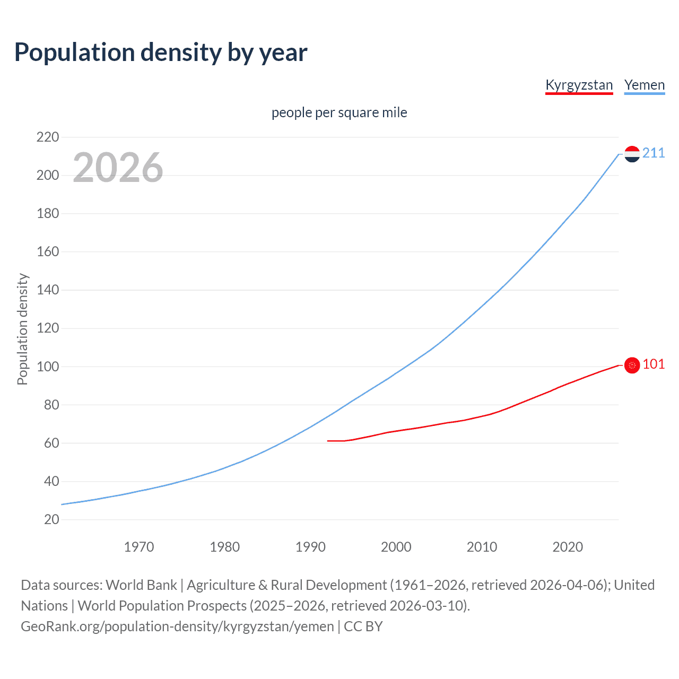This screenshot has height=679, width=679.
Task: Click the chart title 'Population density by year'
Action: tap(161, 53)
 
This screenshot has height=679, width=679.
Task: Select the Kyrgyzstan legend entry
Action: tap(579, 85)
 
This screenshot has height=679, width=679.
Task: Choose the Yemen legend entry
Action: tap(644, 85)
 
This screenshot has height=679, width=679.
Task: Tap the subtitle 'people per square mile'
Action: tap(339, 112)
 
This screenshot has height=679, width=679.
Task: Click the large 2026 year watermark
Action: tap(118, 168)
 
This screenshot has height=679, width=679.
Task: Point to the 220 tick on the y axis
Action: tap(48, 137)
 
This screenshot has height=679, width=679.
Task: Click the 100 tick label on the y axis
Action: tap(48, 367)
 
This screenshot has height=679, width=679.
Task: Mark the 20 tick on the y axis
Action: tap(51, 519)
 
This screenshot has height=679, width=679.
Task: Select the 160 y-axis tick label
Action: tap(48, 252)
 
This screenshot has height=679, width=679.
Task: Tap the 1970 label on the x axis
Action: tap(139, 547)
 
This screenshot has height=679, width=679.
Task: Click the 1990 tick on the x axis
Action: tap(310, 547)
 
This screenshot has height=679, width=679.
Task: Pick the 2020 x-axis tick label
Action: tap(568, 547)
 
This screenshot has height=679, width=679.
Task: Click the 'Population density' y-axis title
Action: tap(22, 329)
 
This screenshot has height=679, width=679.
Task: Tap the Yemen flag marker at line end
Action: tap(632, 154)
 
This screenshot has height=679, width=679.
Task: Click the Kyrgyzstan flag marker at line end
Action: tap(632, 365)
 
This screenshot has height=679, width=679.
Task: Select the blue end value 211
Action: tap(654, 153)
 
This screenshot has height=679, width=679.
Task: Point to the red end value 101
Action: tap(654, 364)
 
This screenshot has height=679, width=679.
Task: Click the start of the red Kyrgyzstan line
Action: tap(328, 441)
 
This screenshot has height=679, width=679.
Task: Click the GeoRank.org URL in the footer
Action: tap(177, 626)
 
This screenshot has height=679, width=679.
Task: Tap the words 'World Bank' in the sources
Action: tap(141, 585)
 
